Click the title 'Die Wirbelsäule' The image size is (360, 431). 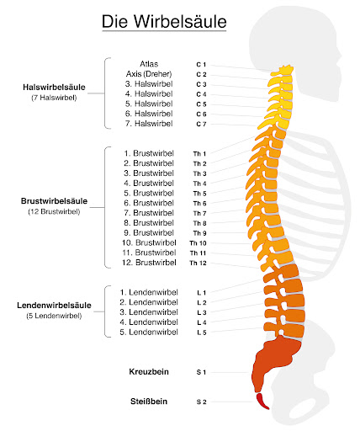tap(164, 22)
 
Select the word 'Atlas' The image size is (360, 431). tap(149, 64)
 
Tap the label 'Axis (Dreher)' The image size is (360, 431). tap(149, 74)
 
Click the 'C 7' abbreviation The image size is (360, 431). tap(201, 124)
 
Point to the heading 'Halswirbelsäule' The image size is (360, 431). tap(54, 88)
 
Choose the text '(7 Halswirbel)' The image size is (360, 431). tap(54, 98)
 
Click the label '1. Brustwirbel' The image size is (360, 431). tap(149, 153)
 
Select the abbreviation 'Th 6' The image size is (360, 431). tap(199, 204)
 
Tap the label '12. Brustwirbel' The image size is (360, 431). tap(149, 263)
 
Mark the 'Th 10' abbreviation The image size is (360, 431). tap(198, 243)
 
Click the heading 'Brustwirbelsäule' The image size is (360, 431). tap(54, 201)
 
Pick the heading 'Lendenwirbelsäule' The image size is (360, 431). tap(54, 306)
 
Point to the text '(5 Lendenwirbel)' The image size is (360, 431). tap(54, 316)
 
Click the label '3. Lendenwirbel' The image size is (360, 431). tap(149, 312)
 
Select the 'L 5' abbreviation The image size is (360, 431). tap(202, 333)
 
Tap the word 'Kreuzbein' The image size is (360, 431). tap(149, 372)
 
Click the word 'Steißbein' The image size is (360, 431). tap(149, 402)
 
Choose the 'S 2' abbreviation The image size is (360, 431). tap(201, 402)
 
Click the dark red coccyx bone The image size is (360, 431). tap(262, 402)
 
